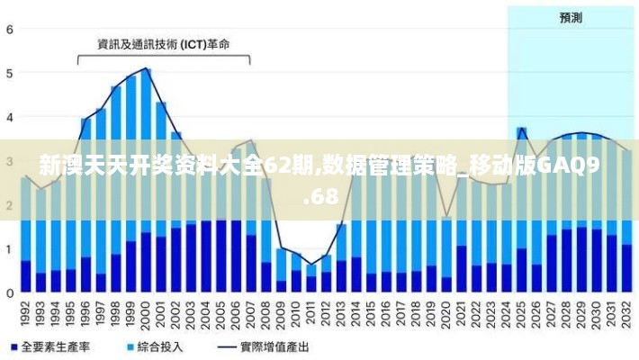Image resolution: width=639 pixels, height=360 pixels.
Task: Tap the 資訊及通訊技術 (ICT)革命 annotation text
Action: click(163, 43)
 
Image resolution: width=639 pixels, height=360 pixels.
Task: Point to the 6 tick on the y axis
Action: click(10, 29)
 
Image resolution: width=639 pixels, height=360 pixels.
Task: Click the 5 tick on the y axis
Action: click(10, 73)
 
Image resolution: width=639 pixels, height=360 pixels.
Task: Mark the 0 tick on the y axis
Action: click(10, 292)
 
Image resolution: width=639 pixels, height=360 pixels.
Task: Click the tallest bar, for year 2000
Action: click(146, 180)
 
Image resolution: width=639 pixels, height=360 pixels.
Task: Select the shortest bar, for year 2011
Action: click(311, 278)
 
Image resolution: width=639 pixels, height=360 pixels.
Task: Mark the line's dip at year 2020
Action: click(446, 216)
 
